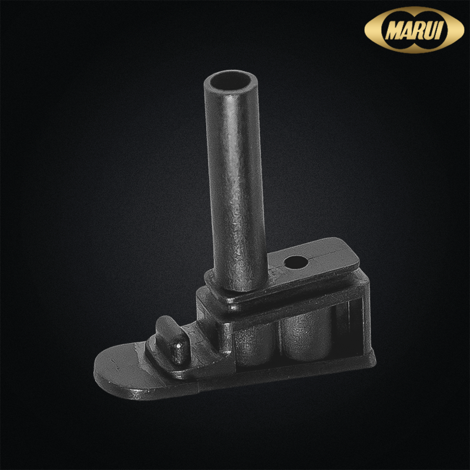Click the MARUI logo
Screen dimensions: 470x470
tap(414, 30)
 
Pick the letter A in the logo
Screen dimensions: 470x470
tap(407, 31)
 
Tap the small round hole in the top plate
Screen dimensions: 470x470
tap(296, 263)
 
